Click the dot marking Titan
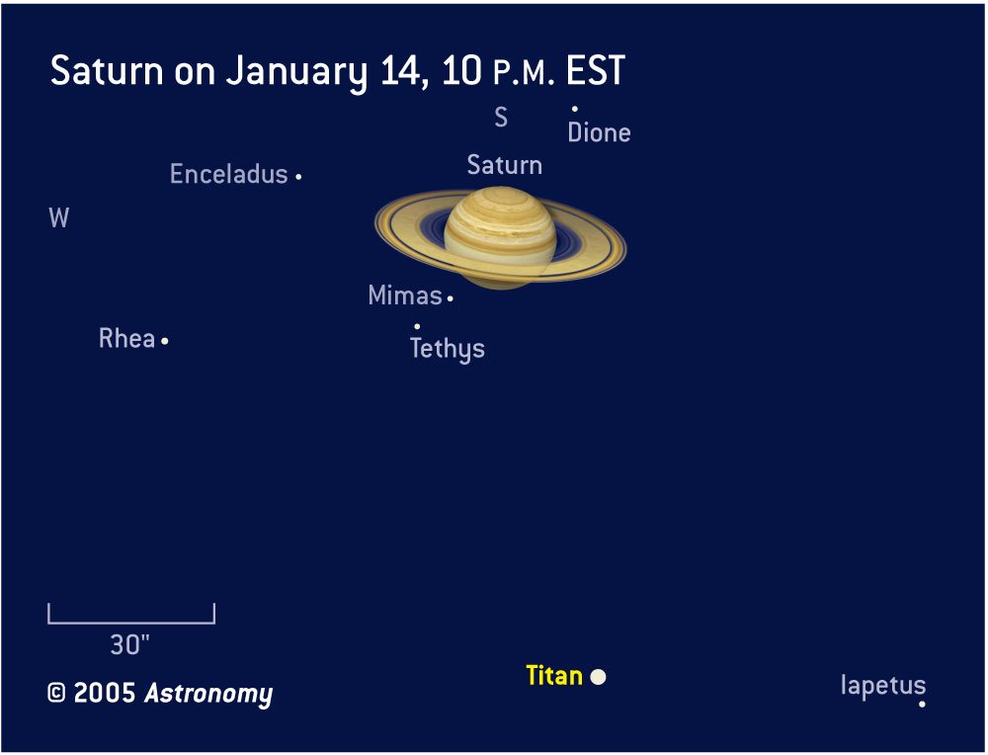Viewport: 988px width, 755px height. [598, 677]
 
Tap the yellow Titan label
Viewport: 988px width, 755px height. [554, 676]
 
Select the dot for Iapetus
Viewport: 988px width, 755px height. [922, 704]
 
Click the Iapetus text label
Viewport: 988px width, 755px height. [883, 686]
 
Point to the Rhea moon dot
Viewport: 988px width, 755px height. [164, 341]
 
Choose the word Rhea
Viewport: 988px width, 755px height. [126, 338]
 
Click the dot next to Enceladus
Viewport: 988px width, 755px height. [298, 177]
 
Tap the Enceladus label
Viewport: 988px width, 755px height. [229, 174]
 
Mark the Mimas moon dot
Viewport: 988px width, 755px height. [450, 298]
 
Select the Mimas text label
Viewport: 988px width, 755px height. [405, 294]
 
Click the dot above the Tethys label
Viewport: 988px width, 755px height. [417, 326]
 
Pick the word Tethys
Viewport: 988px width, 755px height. [448, 349]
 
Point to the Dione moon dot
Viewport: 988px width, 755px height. [575, 109]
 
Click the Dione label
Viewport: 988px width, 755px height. [600, 132]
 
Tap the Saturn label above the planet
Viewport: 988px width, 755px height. [505, 165]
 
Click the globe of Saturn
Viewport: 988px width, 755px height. [500, 237]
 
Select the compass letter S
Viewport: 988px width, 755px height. [501, 118]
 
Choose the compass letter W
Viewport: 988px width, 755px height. [58, 218]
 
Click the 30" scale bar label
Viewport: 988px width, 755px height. [129, 644]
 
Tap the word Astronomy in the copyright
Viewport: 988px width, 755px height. [208, 694]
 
